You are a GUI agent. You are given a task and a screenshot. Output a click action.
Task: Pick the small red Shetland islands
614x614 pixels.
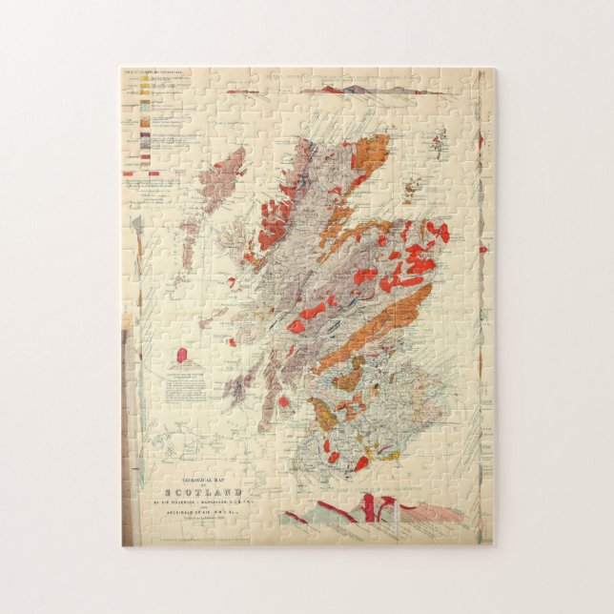click(440, 143)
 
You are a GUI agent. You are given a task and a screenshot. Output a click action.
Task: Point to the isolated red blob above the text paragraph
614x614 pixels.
click(182, 355)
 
